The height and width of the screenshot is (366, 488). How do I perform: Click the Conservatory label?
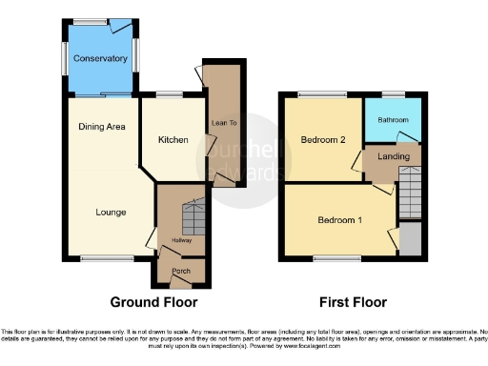tap(100, 58)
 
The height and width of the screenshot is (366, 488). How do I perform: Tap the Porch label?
tap(180, 272)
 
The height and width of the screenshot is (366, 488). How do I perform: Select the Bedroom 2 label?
tap(323, 140)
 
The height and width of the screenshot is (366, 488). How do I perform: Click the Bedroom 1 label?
tap(339, 221)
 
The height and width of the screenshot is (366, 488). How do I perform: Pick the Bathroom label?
tap(392, 120)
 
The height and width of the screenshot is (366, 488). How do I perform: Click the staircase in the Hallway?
tap(193, 216)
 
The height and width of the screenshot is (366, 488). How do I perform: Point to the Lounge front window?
tap(100, 258)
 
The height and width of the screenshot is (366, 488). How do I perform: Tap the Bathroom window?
tap(393, 94)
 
